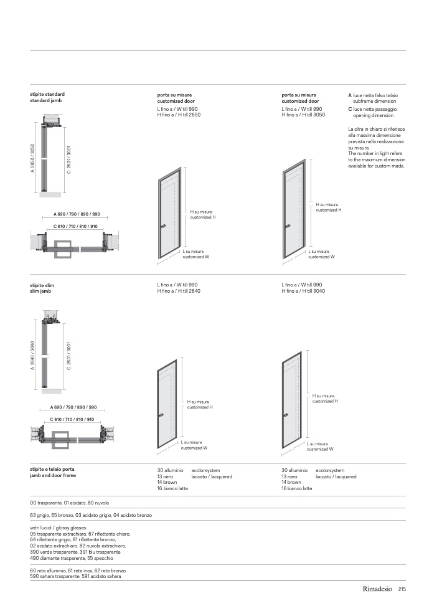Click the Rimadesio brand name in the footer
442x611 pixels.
[x=375, y=589]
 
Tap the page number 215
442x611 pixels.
[x=402, y=589]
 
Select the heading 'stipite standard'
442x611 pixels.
[x=47, y=94]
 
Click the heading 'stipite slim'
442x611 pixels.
[x=42, y=285]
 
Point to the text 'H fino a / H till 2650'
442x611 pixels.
[x=179, y=115]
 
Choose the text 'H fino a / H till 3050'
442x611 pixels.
[x=303, y=115]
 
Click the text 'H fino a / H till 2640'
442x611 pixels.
[x=179, y=291]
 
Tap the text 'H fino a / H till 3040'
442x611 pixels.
[x=303, y=291]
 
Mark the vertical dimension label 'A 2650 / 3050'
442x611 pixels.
[x=32, y=159]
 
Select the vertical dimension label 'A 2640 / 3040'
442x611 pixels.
[x=32, y=356]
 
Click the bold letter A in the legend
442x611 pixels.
[x=350, y=95]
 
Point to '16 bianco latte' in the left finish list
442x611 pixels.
[x=172, y=489]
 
